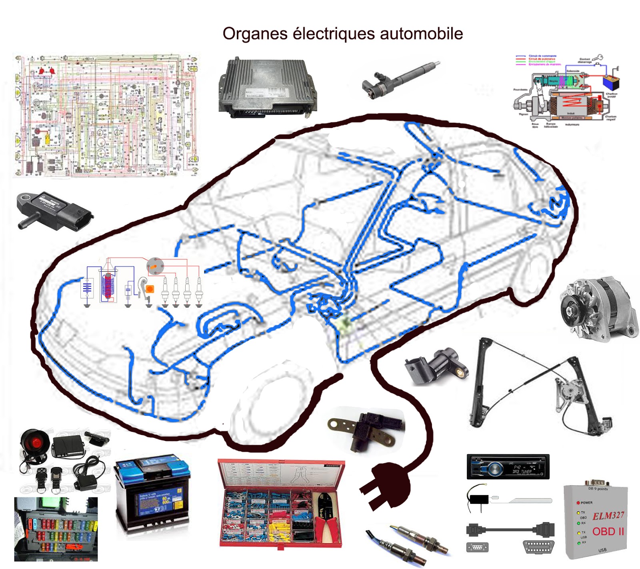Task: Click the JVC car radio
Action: click(x=508, y=467)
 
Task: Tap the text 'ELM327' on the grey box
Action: click(x=608, y=515)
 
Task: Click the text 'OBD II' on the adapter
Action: click(x=608, y=531)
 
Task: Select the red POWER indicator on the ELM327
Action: click(x=578, y=503)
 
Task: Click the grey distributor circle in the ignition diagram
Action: click(x=155, y=266)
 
